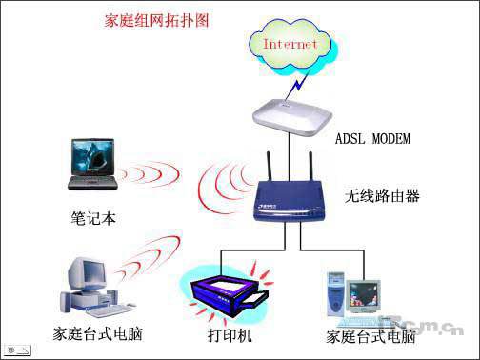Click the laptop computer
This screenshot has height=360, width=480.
click(94, 166)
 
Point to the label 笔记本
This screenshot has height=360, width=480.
click(93, 217)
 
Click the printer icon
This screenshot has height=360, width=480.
click(226, 288)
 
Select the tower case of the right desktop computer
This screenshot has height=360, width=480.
click(337, 293)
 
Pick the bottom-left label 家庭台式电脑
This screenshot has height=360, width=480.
click(94, 336)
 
